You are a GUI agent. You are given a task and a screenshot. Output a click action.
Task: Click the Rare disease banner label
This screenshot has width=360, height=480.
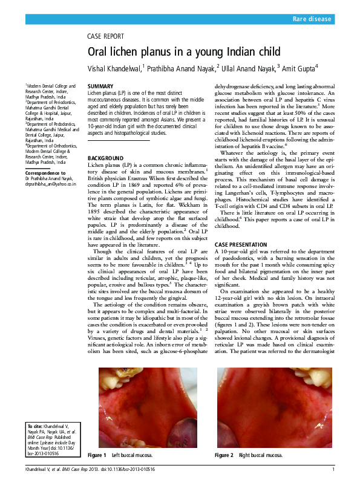click(312, 19)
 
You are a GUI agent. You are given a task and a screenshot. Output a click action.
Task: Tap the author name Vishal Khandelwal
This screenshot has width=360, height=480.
click(114, 67)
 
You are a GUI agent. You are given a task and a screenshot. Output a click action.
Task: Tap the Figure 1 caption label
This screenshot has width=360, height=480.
click(97, 455)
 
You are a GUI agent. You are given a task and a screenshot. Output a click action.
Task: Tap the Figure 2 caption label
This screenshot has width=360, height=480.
click(224, 455)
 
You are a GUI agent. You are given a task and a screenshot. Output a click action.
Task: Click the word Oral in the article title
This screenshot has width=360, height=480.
click(99, 52)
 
